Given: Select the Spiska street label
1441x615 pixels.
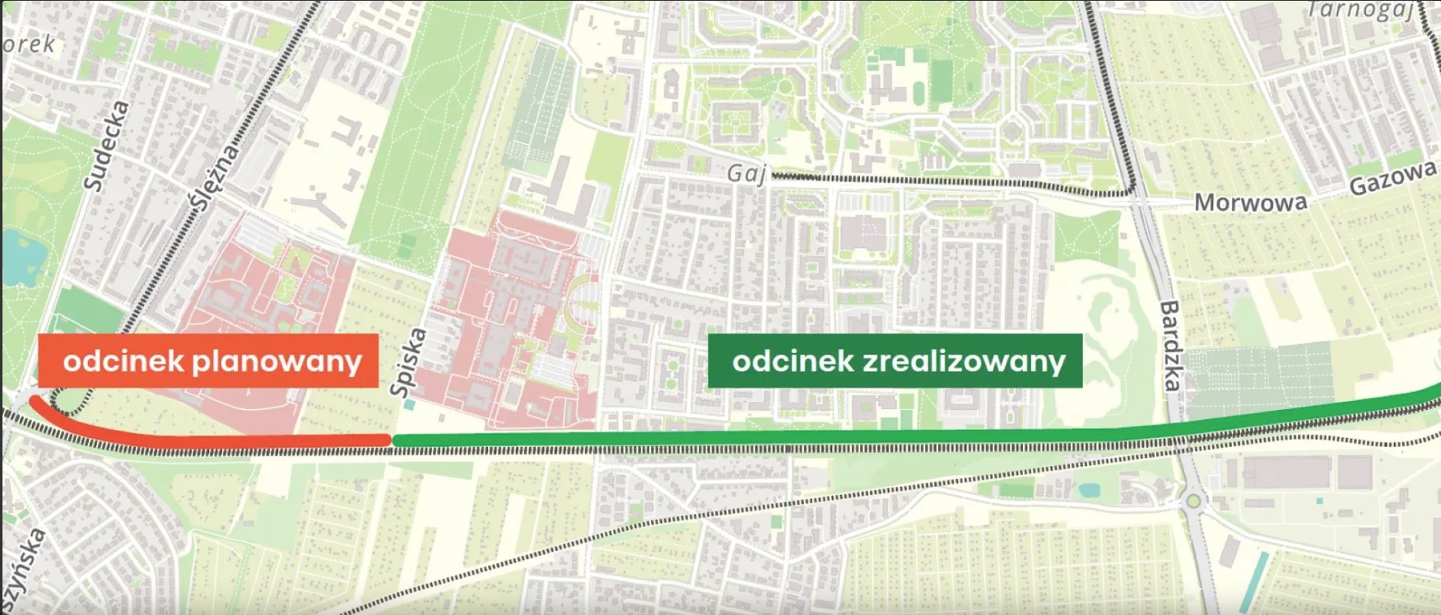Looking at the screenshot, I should (x=410, y=362).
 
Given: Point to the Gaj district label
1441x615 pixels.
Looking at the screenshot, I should (x=746, y=174).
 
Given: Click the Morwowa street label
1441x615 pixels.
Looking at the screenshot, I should (x=1250, y=203).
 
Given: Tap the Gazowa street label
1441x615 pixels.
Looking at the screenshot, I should (x=1392, y=179).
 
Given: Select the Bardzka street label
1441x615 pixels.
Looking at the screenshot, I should (x=1171, y=346).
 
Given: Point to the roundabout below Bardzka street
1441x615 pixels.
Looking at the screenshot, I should (x=1193, y=500).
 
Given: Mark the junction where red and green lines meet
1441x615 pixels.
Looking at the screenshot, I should (x=392, y=440).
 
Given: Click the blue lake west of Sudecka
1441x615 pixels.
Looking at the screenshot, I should (x=18, y=256).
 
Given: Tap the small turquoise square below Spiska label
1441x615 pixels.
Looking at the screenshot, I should (x=409, y=404).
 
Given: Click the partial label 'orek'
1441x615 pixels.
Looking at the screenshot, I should (x=29, y=44).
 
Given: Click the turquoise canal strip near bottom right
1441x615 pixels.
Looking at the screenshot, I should (x=1254, y=581).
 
